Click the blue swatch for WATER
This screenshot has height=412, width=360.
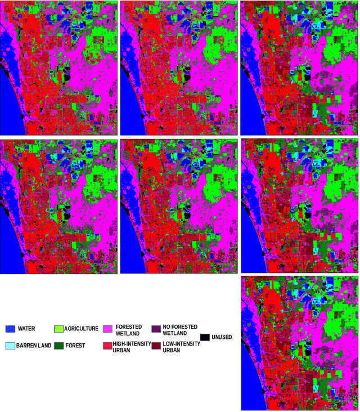click(10, 329)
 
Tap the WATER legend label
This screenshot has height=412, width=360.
click(26, 329)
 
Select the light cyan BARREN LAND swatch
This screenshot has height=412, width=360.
click(10, 345)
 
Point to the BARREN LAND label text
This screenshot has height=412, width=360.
click(34, 346)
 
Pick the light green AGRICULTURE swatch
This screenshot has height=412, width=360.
click(58, 329)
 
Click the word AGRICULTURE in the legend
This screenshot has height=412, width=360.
click(81, 329)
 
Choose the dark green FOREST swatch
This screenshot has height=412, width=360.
click(58, 345)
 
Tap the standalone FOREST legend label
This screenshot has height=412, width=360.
click(75, 346)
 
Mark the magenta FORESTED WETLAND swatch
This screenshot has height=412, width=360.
click(107, 329)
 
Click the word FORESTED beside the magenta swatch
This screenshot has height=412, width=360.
click(129, 326)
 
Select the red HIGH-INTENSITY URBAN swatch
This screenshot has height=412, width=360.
click(107, 345)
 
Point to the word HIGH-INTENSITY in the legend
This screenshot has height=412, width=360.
click(129, 343)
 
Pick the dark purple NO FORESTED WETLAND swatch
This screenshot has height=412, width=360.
click(156, 329)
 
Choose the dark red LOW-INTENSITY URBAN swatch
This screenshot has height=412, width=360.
click(156, 345)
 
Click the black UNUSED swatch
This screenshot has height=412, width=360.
click(205, 337)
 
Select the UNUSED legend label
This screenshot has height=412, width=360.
click(222, 337)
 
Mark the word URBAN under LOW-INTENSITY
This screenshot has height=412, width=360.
click(172, 350)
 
